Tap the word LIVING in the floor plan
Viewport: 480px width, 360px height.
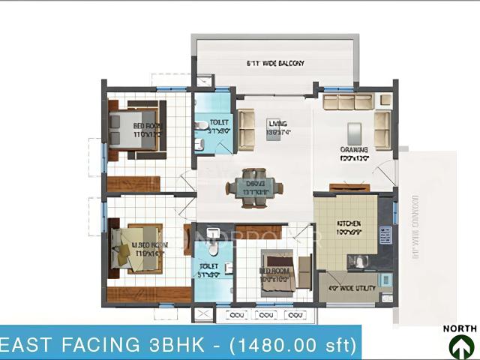(277, 124)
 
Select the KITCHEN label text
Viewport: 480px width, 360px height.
(349, 223)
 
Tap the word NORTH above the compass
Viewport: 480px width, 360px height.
(460, 328)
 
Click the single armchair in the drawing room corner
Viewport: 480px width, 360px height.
(385, 100)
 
